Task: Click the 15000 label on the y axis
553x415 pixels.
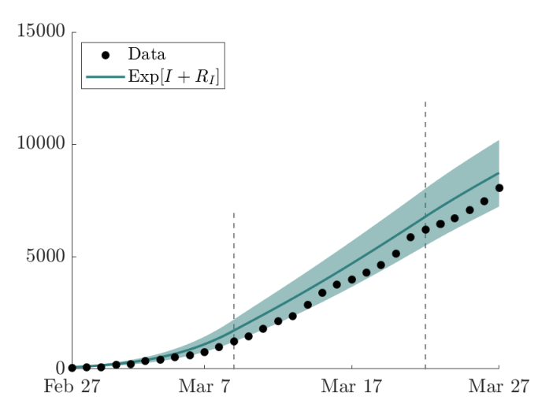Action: click(41, 31)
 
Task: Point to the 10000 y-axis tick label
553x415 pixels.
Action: click(41, 143)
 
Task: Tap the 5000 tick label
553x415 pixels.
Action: click(46, 256)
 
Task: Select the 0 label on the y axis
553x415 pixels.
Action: click(61, 368)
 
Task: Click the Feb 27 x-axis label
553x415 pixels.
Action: click(72, 386)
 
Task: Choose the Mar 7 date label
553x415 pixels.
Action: click(205, 386)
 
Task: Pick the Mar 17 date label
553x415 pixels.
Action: click(351, 386)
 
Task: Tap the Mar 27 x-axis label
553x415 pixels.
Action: click(499, 386)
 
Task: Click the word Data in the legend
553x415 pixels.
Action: click(147, 54)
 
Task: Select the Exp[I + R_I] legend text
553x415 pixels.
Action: click(173, 76)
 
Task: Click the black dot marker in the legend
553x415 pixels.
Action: click(105, 55)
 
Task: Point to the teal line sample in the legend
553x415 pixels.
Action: click(105, 77)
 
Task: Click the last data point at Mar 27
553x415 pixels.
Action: click(499, 188)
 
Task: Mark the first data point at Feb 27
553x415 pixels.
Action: click(72, 368)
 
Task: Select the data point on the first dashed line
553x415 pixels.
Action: click(234, 341)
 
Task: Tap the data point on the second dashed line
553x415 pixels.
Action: click(425, 229)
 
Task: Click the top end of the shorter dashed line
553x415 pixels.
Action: click(234, 213)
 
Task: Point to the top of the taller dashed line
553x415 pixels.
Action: click(425, 102)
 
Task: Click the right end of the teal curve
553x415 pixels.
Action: click(499, 172)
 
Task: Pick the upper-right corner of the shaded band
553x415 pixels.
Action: click(499, 140)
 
